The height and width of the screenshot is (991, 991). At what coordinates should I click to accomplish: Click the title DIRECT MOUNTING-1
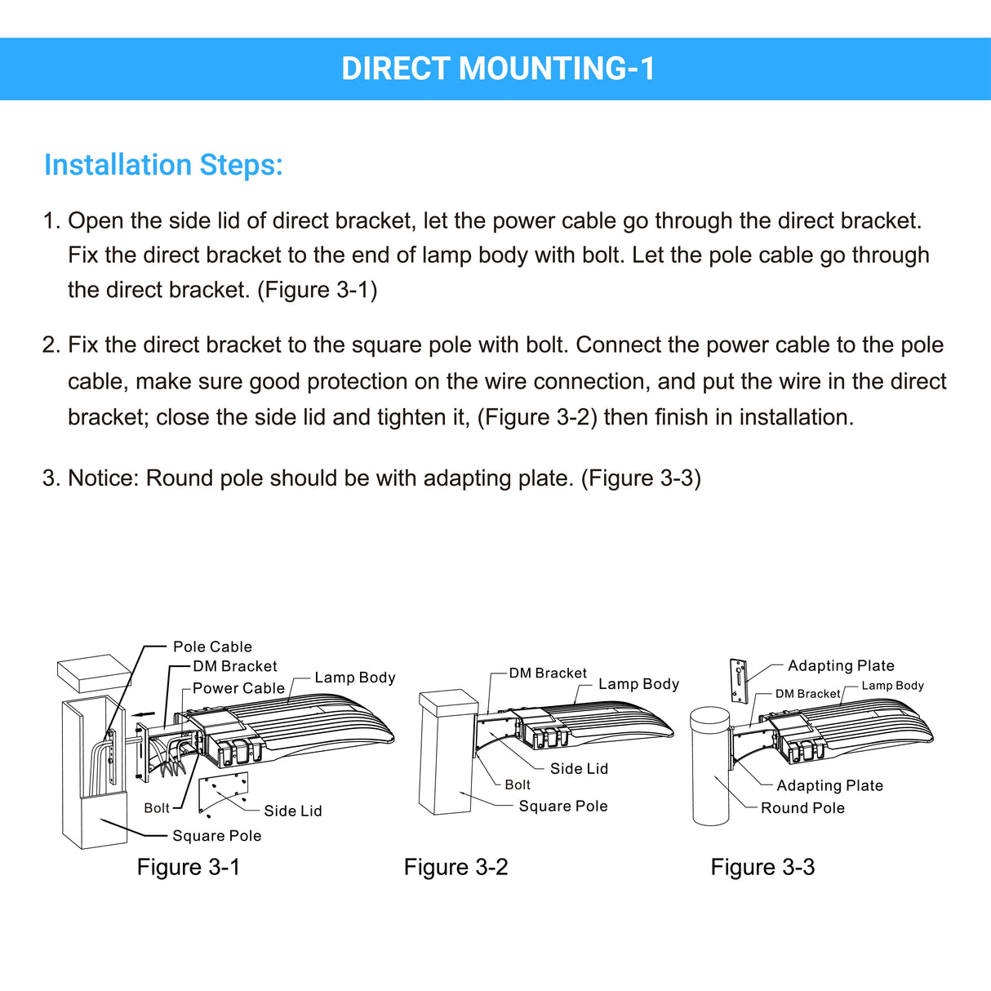497,69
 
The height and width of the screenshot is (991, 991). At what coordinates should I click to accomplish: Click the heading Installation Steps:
163,165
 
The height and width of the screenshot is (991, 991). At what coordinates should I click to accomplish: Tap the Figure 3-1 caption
189,867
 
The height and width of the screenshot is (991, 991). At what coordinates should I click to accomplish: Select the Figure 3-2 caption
456,867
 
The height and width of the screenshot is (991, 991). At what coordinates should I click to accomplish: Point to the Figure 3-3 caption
762,867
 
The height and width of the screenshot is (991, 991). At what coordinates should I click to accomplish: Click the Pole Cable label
212,647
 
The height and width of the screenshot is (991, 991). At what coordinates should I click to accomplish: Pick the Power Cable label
238,688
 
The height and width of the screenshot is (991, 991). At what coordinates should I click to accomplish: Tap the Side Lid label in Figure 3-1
292,811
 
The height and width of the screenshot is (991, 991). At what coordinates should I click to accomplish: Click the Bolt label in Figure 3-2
517,784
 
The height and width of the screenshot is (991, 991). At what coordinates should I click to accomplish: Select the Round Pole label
802,808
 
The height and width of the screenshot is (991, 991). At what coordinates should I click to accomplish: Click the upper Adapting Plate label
841,665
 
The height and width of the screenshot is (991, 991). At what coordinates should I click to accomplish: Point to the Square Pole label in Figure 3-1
216,836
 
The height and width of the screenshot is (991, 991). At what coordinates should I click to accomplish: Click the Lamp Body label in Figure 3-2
638,684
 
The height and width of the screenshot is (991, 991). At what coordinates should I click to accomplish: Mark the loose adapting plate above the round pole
739,680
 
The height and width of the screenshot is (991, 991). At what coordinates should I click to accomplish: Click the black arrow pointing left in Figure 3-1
143,713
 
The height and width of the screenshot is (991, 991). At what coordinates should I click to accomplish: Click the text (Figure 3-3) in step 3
641,478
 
